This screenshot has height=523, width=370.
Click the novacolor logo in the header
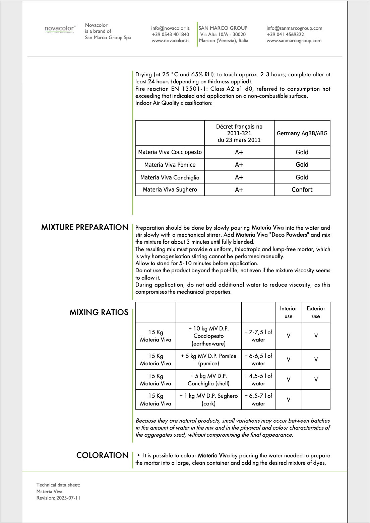point(60,29)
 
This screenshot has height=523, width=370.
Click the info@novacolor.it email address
point(170,28)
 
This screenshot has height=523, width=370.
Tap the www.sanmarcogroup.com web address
point(294,41)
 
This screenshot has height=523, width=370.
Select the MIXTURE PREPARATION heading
point(84,227)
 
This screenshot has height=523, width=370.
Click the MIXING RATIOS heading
point(99,312)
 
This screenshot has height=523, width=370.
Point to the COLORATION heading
point(102,455)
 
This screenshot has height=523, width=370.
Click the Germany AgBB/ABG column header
point(302,133)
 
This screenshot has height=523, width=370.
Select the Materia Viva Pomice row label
point(170,165)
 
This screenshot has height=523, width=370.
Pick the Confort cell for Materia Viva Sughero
point(302,190)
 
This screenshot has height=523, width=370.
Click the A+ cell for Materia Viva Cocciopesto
point(239,152)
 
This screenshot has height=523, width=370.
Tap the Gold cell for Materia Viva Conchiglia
point(302,177)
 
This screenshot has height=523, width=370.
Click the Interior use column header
point(289,312)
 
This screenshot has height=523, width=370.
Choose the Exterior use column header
point(316,312)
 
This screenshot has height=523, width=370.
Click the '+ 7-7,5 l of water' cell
point(258,336)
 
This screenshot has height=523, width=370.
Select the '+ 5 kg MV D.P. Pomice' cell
point(208,360)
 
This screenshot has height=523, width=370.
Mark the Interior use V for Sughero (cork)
point(289,400)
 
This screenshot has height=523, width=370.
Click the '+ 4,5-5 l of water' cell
point(258,380)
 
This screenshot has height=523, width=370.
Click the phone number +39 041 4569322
point(285,34)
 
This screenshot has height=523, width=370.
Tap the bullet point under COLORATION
point(138,455)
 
